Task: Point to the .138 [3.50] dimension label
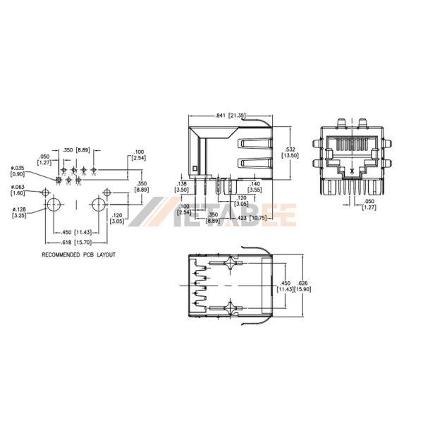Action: tap(182, 187)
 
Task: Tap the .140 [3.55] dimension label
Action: tap(255, 187)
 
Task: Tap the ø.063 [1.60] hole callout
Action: tap(18, 190)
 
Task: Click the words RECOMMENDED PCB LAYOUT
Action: tap(78, 255)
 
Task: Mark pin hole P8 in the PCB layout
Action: tap(93, 171)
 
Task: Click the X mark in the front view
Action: tap(352, 171)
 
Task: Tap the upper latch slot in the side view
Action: tap(254, 145)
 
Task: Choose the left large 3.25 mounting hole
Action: tap(54, 205)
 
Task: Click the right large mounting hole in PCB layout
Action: tap(97, 205)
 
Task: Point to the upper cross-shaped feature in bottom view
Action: tap(232, 266)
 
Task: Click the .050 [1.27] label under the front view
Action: tap(368, 205)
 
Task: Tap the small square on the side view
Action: tap(197, 168)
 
